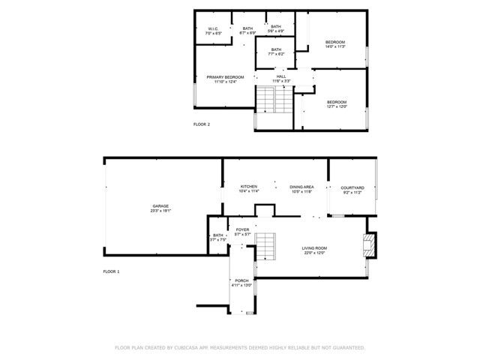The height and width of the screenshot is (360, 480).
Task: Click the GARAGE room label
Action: pyautogui.click(x=160, y=206)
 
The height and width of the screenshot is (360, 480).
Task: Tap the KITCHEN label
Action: pyautogui.click(x=248, y=186)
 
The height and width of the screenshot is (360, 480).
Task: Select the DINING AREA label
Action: pyautogui.click(x=301, y=186)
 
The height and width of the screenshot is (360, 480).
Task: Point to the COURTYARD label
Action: pyautogui.click(x=352, y=187)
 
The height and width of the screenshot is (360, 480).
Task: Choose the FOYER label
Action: pyautogui.click(x=242, y=229)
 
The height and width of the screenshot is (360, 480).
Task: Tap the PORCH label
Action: pyautogui.click(x=241, y=280)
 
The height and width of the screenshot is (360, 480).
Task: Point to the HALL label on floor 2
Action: pyautogui.click(x=281, y=76)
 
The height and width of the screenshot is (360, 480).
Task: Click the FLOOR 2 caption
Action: pyautogui.click(x=202, y=124)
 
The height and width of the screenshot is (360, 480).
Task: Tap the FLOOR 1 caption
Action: pyautogui.click(x=111, y=271)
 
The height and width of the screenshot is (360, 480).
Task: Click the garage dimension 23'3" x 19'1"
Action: pyautogui.click(x=160, y=211)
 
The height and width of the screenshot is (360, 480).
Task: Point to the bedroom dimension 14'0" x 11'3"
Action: pyautogui.click(x=335, y=46)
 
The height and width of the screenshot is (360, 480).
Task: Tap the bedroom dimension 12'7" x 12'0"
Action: pyautogui.click(x=337, y=106)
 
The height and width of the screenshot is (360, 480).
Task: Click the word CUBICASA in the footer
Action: pyautogui.click(x=187, y=348)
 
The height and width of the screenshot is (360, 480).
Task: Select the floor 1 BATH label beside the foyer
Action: pyautogui.click(x=218, y=235)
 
